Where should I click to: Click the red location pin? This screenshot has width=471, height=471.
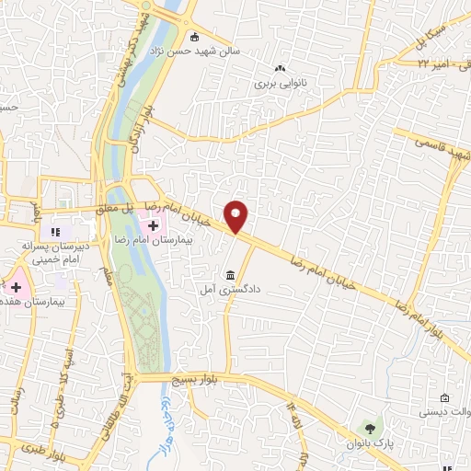(x=236, y=216)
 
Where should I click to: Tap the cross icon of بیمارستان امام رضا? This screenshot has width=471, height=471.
(x=153, y=225)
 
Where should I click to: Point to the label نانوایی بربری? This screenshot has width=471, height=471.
(x=280, y=82)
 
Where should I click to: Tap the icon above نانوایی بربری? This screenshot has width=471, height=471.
(x=281, y=66)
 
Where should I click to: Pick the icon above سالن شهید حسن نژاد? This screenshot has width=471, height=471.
(x=194, y=38)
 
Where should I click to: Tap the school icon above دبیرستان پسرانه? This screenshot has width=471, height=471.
(x=54, y=232)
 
